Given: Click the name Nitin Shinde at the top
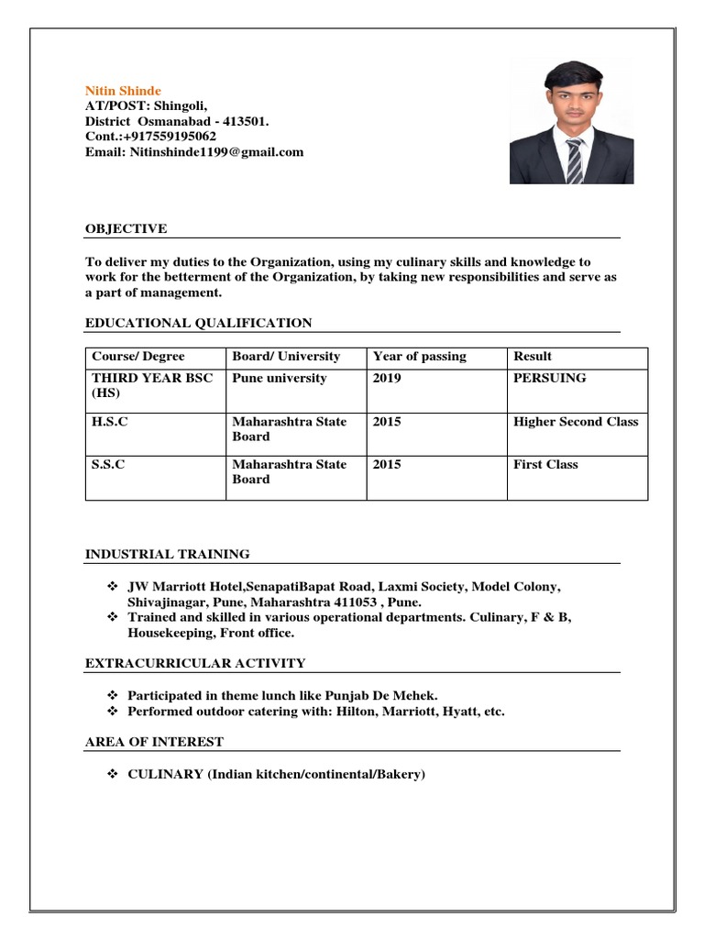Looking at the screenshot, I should (123, 91).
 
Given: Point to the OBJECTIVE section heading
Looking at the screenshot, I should (126, 228).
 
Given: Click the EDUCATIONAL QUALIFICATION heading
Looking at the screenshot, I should (198, 323).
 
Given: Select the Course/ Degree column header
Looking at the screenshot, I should (137, 356).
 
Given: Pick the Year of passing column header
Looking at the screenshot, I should (419, 356).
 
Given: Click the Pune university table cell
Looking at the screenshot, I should (279, 378).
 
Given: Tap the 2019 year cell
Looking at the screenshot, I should (387, 378).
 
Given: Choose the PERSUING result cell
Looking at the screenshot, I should (550, 378).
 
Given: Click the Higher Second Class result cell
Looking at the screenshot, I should (576, 422).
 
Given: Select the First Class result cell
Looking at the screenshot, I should (545, 464).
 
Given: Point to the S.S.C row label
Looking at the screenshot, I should (108, 464).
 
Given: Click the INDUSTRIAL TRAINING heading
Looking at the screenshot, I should (167, 554).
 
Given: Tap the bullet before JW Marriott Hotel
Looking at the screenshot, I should (114, 587).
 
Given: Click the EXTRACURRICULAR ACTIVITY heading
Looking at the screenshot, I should (195, 663).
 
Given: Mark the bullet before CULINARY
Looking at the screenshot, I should (114, 775).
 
